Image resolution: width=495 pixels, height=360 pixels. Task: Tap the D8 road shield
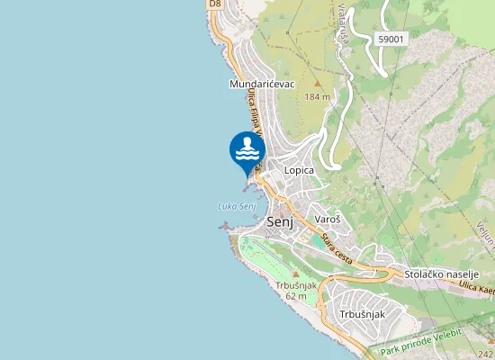214,4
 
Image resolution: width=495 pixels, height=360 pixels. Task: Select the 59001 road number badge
391,39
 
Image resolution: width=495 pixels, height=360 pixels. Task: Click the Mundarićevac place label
263,84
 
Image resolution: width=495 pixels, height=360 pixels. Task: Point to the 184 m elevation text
317,95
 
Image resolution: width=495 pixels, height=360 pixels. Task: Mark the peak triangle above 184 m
317,84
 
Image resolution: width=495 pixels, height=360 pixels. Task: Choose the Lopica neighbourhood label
299,169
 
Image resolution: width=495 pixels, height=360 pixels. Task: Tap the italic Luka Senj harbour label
238,206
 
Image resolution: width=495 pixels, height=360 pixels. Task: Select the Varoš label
327,219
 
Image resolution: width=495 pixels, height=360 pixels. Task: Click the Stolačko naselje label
440,274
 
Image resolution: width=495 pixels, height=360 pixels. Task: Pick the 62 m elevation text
296,295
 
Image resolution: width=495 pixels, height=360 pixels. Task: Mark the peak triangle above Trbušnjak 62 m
295,273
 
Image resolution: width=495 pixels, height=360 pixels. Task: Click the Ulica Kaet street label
474,287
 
